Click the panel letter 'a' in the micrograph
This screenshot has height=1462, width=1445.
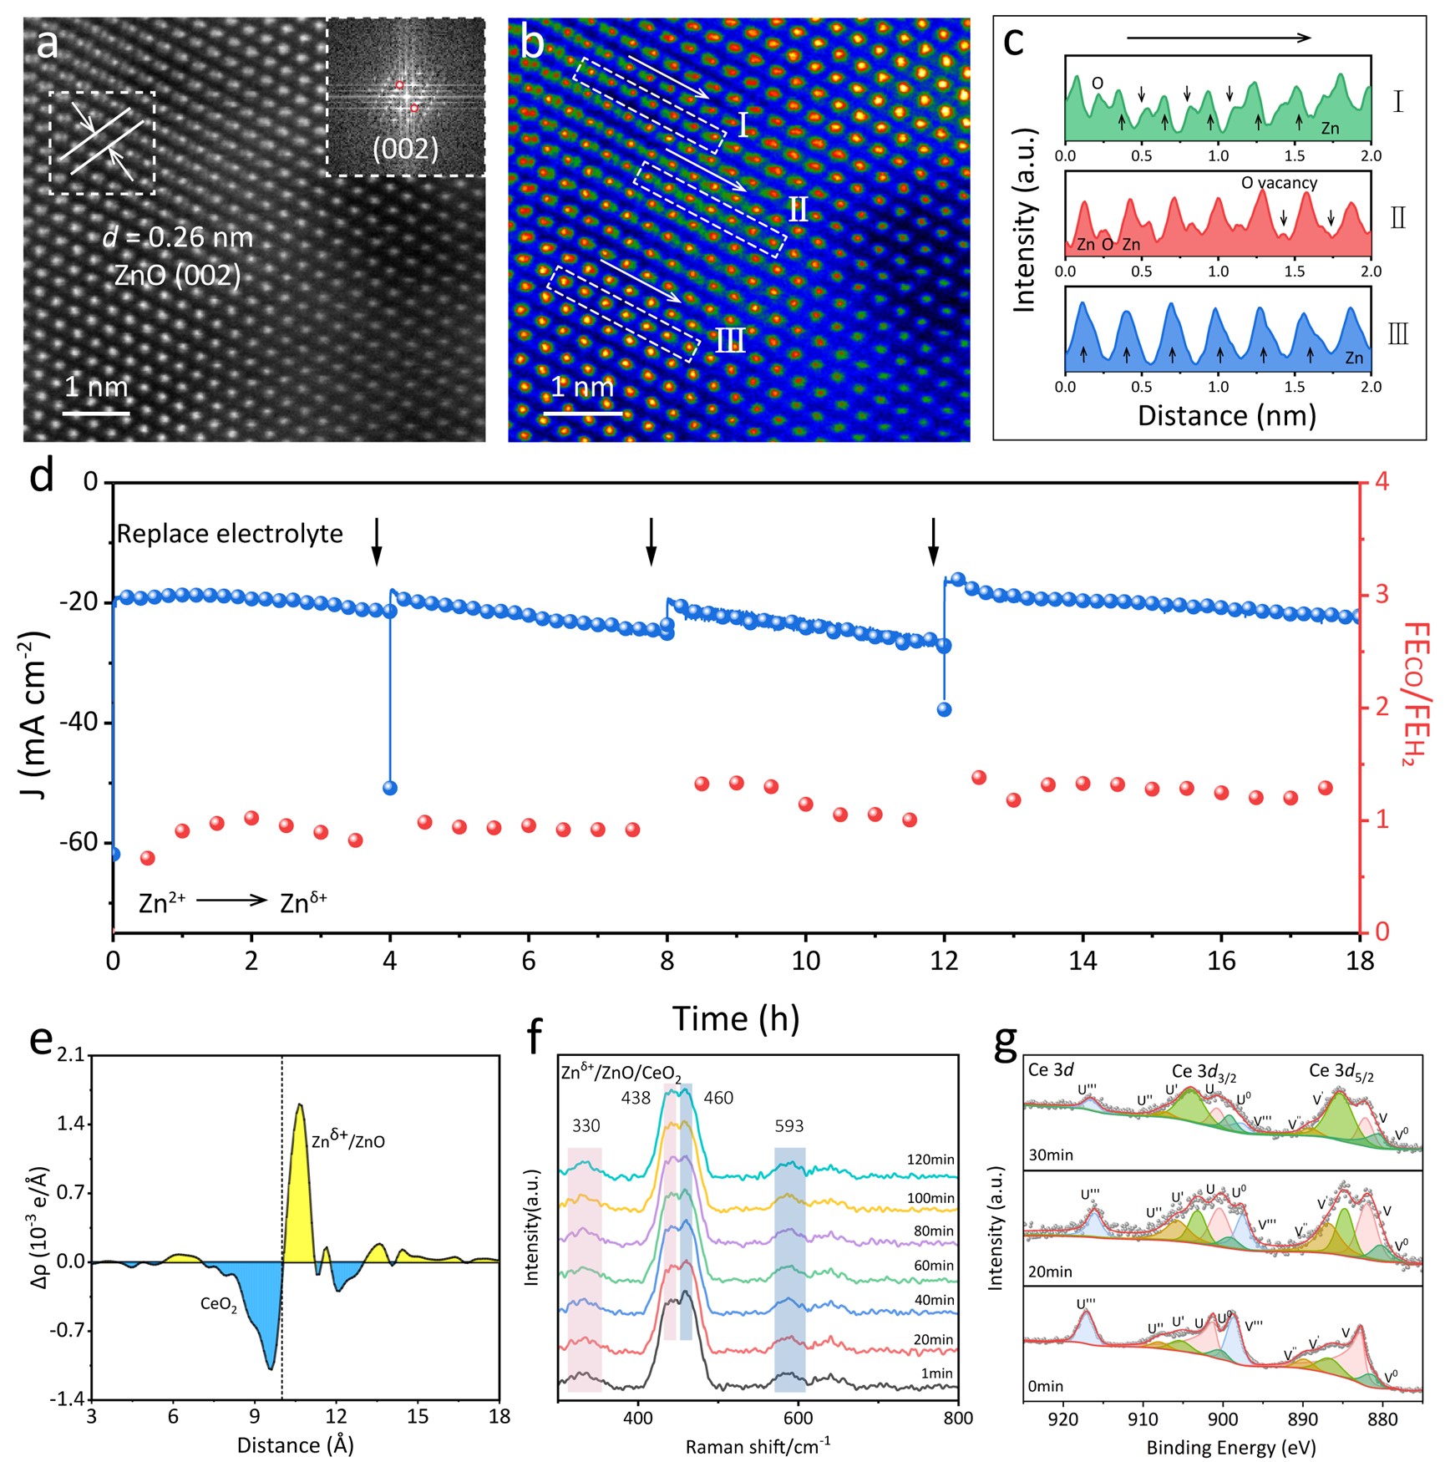point(48,44)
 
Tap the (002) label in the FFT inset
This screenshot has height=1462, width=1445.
point(405,149)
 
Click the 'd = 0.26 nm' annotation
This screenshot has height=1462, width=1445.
point(177,238)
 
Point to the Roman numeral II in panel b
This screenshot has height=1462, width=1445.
point(799,210)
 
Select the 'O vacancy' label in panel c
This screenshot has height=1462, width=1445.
point(1279,183)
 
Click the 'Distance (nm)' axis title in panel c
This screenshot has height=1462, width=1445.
point(1226,415)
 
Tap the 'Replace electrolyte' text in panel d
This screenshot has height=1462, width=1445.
point(230,534)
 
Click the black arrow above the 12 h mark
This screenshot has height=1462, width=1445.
point(934,541)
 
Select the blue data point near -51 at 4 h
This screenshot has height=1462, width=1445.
point(389,788)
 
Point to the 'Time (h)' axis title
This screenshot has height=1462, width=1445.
point(736,1019)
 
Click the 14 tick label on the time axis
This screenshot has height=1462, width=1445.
point(1082,961)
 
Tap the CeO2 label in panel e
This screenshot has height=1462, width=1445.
point(219,1305)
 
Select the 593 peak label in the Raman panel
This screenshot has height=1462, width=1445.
point(788,1126)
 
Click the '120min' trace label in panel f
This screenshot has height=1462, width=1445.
point(930,1160)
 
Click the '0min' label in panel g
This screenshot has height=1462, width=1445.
point(1045,1387)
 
